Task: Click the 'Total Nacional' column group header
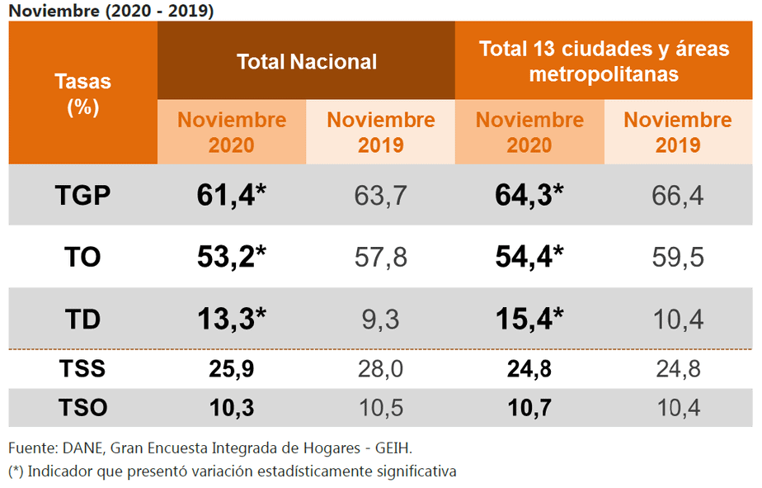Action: (x=306, y=62)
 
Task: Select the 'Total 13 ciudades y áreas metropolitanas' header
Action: (x=604, y=61)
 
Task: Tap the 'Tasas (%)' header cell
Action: (x=82, y=94)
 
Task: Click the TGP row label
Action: (x=82, y=196)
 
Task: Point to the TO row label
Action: (x=82, y=257)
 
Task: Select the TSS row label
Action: (x=82, y=368)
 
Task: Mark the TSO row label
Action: (x=82, y=406)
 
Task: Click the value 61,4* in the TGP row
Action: (x=232, y=195)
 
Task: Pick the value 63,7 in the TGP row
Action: (x=380, y=196)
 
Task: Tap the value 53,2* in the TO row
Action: (x=232, y=257)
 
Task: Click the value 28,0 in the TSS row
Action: (x=380, y=368)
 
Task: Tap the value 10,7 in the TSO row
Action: (x=529, y=406)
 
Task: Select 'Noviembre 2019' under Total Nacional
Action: (x=380, y=132)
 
